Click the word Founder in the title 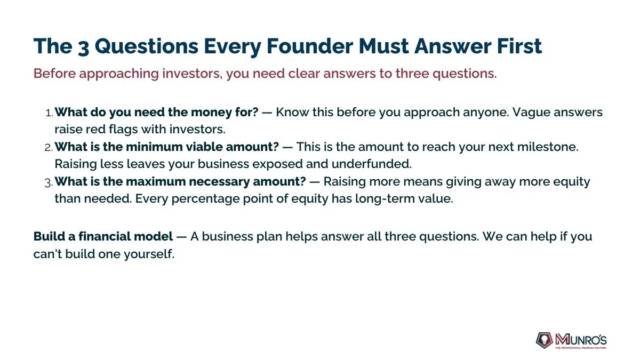click(x=310, y=46)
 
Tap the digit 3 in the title click(x=83, y=47)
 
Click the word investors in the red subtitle click(x=193, y=74)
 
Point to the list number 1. click(x=49, y=113)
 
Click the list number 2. click(x=49, y=147)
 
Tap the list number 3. click(x=49, y=182)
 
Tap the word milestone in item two click(x=547, y=147)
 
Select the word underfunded click(x=372, y=164)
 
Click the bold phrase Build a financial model click(x=103, y=237)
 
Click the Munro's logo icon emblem click(x=544, y=340)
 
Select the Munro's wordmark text click(x=581, y=340)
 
